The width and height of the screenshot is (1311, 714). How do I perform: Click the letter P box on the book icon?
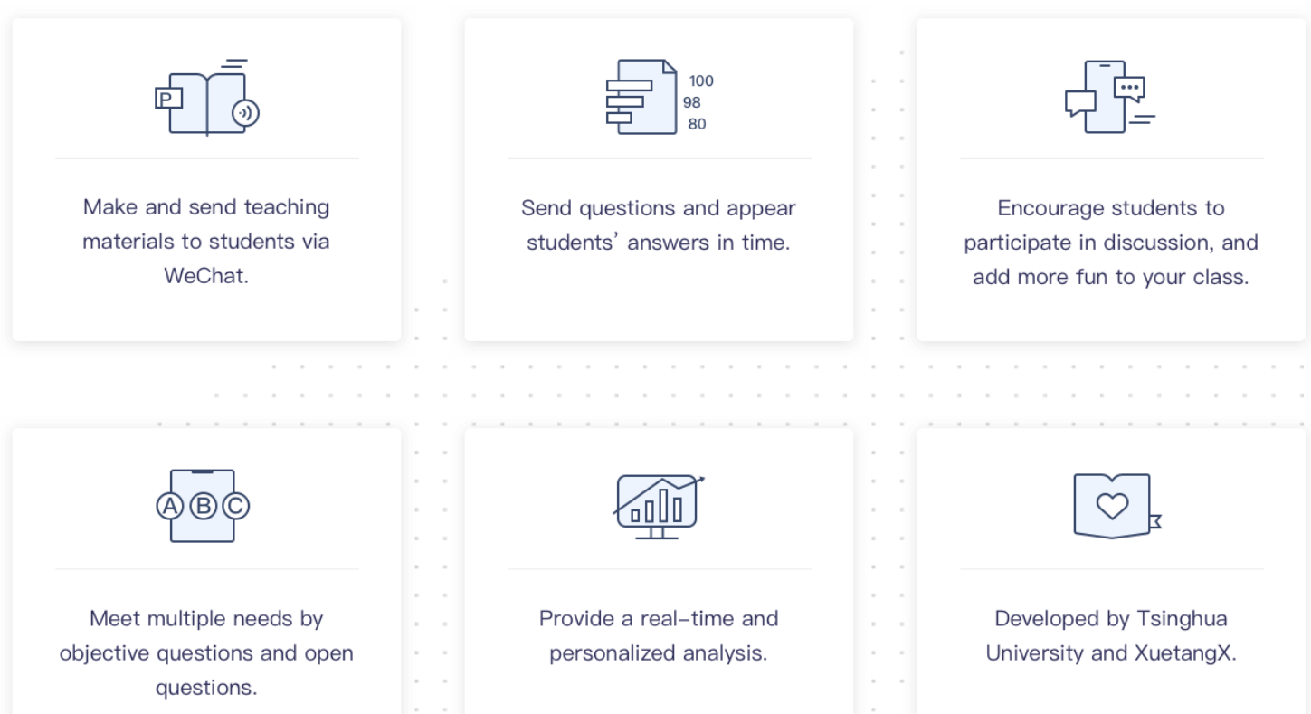tap(168, 99)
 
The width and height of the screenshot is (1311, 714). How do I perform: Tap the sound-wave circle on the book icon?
tap(246, 113)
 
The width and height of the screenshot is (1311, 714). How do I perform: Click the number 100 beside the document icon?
tap(701, 81)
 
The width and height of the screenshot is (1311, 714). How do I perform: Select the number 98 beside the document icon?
tap(692, 102)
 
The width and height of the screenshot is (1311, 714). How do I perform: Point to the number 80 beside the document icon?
tap(697, 124)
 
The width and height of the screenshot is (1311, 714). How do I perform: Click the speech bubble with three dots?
tap(1129, 90)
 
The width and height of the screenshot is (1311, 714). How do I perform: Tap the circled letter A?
tap(170, 506)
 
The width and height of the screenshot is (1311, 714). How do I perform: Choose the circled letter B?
tap(203, 506)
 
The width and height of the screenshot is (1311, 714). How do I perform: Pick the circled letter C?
tap(236, 506)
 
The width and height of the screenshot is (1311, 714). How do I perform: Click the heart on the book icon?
tap(1112, 506)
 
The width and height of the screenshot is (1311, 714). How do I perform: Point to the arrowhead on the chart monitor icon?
tap(700, 481)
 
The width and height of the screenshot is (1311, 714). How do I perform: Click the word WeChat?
tap(206, 276)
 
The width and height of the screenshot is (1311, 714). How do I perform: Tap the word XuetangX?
tap(1185, 652)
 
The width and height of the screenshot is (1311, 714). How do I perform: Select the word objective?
tap(104, 653)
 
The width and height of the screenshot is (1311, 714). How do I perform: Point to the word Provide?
tap(577, 619)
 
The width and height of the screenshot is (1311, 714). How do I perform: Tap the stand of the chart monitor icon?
tap(657, 533)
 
